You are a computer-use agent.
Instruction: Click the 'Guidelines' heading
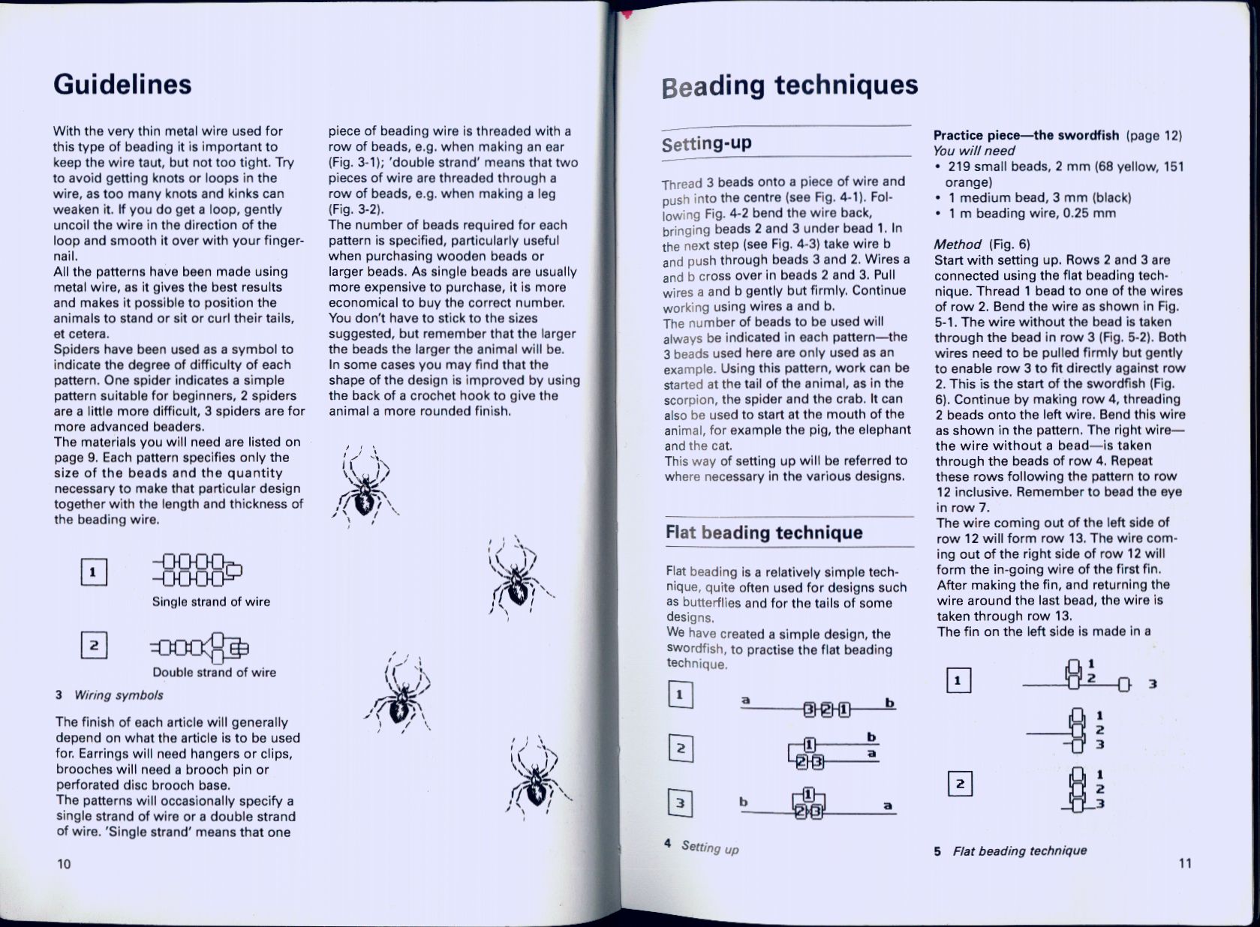point(122,84)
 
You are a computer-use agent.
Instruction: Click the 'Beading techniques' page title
point(789,85)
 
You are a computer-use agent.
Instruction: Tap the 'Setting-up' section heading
point(706,143)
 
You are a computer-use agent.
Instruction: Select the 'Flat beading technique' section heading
point(764,533)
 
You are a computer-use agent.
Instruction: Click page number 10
point(64,864)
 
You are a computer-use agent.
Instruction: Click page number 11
point(1185,863)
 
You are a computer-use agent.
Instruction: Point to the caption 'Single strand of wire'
point(211,601)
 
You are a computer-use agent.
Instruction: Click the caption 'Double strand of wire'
point(214,672)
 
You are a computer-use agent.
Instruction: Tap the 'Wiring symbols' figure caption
point(118,695)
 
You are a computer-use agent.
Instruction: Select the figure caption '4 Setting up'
point(702,847)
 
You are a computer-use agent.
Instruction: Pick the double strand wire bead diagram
point(200,647)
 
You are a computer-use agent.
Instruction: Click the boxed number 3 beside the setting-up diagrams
point(680,804)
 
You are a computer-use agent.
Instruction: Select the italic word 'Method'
point(958,244)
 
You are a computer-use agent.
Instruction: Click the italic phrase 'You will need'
point(974,151)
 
